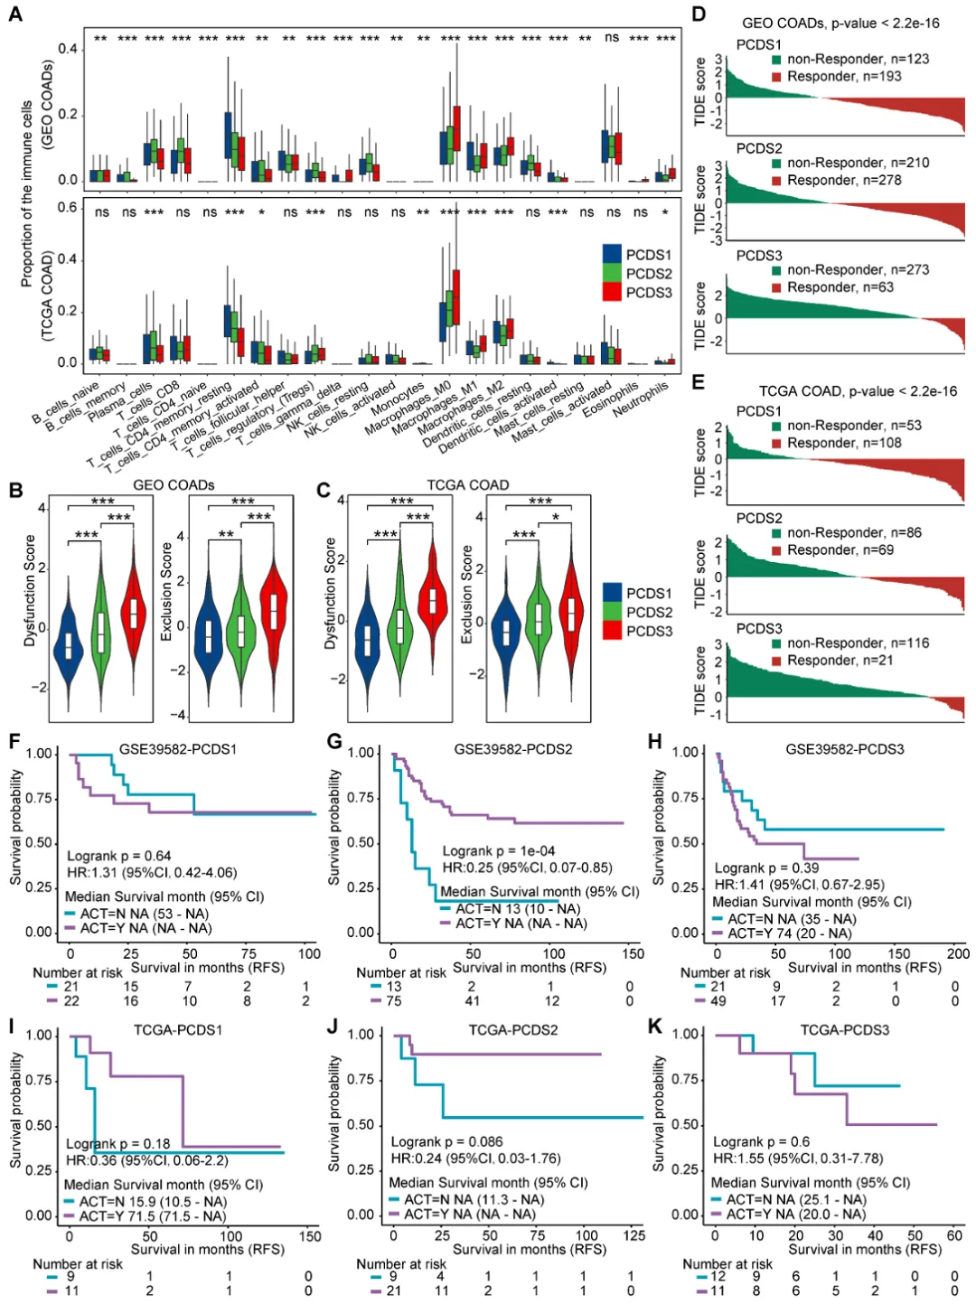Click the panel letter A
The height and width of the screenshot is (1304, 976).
point(14,14)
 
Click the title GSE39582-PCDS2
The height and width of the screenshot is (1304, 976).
point(512,749)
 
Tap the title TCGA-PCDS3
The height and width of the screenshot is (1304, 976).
point(844,1029)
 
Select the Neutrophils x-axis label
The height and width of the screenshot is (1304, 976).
point(642,399)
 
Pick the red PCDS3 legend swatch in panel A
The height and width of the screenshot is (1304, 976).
point(612,292)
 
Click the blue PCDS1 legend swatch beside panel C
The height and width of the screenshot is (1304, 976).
point(612,593)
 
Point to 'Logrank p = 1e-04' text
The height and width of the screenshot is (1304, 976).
point(498,850)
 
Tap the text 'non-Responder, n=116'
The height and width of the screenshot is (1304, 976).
point(858,643)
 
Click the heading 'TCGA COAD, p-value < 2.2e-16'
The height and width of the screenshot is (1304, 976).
point(858,390)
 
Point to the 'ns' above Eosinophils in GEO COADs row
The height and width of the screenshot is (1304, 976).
point(612,38)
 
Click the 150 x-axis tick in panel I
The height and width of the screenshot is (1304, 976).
point(309,1235)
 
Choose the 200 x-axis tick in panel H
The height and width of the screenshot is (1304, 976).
point(957,953)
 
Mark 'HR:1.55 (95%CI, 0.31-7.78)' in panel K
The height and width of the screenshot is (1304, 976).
point(798,1158)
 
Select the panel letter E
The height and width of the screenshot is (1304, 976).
point(698,381)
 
